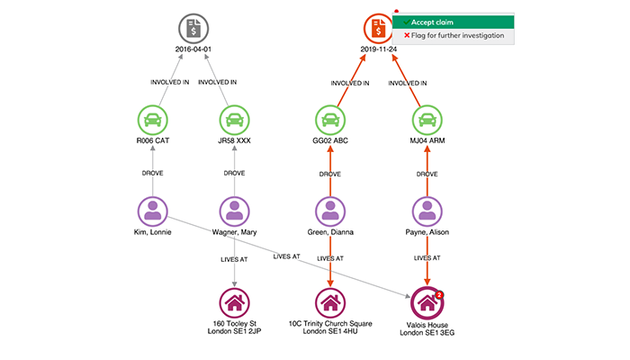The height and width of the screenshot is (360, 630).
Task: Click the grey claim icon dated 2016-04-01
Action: (193, 30)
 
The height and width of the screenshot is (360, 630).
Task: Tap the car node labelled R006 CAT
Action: (154, 120)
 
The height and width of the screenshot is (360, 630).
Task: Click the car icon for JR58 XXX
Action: (235, 120)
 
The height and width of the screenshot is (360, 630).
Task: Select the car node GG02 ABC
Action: (330, 120)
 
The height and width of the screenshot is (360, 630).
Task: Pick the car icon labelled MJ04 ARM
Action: (427, 120)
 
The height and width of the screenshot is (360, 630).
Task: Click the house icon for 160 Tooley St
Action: (235, 302)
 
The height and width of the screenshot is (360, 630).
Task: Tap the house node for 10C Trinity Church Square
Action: (330, 302)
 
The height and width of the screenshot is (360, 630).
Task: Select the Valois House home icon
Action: (427, 302)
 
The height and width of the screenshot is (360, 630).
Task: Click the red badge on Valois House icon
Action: (439, 293)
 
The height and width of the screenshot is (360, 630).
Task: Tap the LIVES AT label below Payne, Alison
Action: (427, 259)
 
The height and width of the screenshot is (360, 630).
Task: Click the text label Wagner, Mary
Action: (235, 232)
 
